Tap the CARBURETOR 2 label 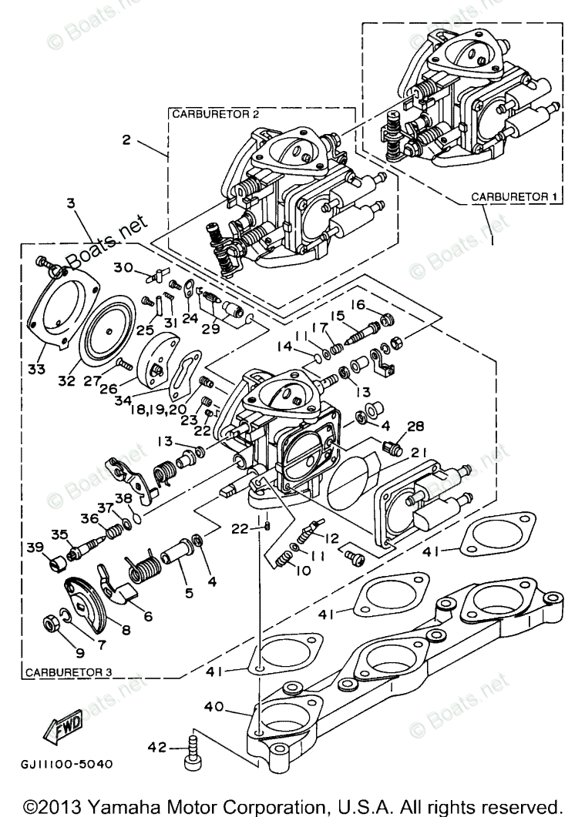coord(215,114)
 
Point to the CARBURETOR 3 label coord(69,671)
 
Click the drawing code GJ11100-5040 coord(67,764)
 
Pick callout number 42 coord(158,747)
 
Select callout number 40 coord(214,707)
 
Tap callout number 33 coord(36,370)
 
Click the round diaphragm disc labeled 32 coord(108,330)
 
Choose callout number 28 coord(415,427)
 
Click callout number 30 coord(123,267)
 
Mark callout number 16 coord(358,303)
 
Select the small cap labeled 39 coord(56,563)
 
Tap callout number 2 coord(126,139)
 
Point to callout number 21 coord(419,452)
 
